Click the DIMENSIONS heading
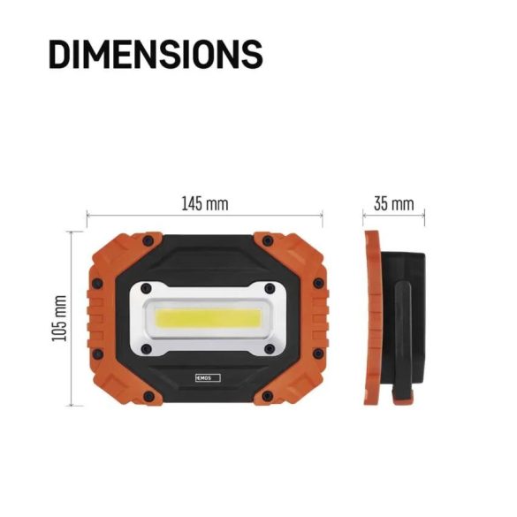pos(156,55)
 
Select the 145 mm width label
pos(205,204)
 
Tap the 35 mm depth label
pos(393,204)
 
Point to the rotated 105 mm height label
pos(60,318)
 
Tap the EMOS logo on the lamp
pos(205,377)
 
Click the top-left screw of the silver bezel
pos(144,288)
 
